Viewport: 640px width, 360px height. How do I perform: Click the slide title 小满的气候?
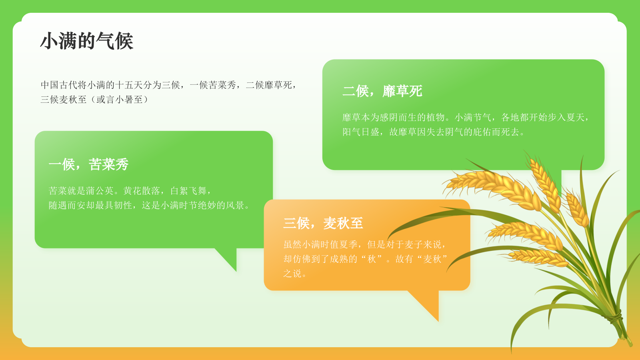tap(86, 41)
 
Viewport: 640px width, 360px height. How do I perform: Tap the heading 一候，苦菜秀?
tap(88, 164)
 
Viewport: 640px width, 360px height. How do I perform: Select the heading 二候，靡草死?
tap(382, 91)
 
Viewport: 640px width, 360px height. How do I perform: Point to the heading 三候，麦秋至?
tap(323, 223)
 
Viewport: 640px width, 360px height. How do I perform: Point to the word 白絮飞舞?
tap(188, 191)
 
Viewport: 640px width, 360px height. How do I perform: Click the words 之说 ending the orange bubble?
tap(292, 274)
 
